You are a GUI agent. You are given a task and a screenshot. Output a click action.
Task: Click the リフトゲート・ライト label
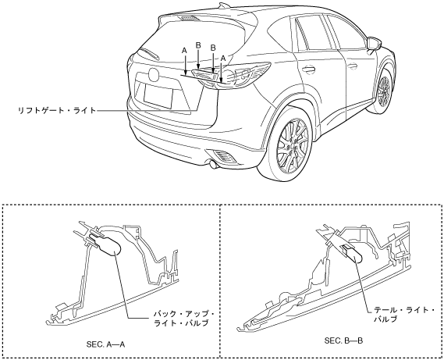(57, 110)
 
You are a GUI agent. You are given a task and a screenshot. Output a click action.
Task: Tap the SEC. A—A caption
(105, 344)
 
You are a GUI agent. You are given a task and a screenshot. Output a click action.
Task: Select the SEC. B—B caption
(343, 340)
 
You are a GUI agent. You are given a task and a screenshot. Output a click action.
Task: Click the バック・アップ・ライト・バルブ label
(184, 319)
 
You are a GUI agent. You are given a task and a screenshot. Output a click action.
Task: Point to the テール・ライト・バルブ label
(404, 315)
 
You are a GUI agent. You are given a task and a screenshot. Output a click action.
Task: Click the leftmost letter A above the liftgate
(184, 51)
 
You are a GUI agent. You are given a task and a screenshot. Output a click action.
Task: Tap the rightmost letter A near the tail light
(223, 58)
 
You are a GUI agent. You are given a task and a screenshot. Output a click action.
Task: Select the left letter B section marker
(198, 45)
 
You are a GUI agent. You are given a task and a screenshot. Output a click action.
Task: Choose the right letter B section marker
(213, 48)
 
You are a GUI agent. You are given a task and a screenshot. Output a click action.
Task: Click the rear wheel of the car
(292, 146)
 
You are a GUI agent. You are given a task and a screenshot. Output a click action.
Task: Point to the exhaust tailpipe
(211, 164)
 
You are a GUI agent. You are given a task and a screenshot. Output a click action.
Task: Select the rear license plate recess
(158, 96)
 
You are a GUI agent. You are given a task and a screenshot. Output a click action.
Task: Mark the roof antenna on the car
(223, 5)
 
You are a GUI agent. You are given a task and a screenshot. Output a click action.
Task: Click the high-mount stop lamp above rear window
(190, 18)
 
